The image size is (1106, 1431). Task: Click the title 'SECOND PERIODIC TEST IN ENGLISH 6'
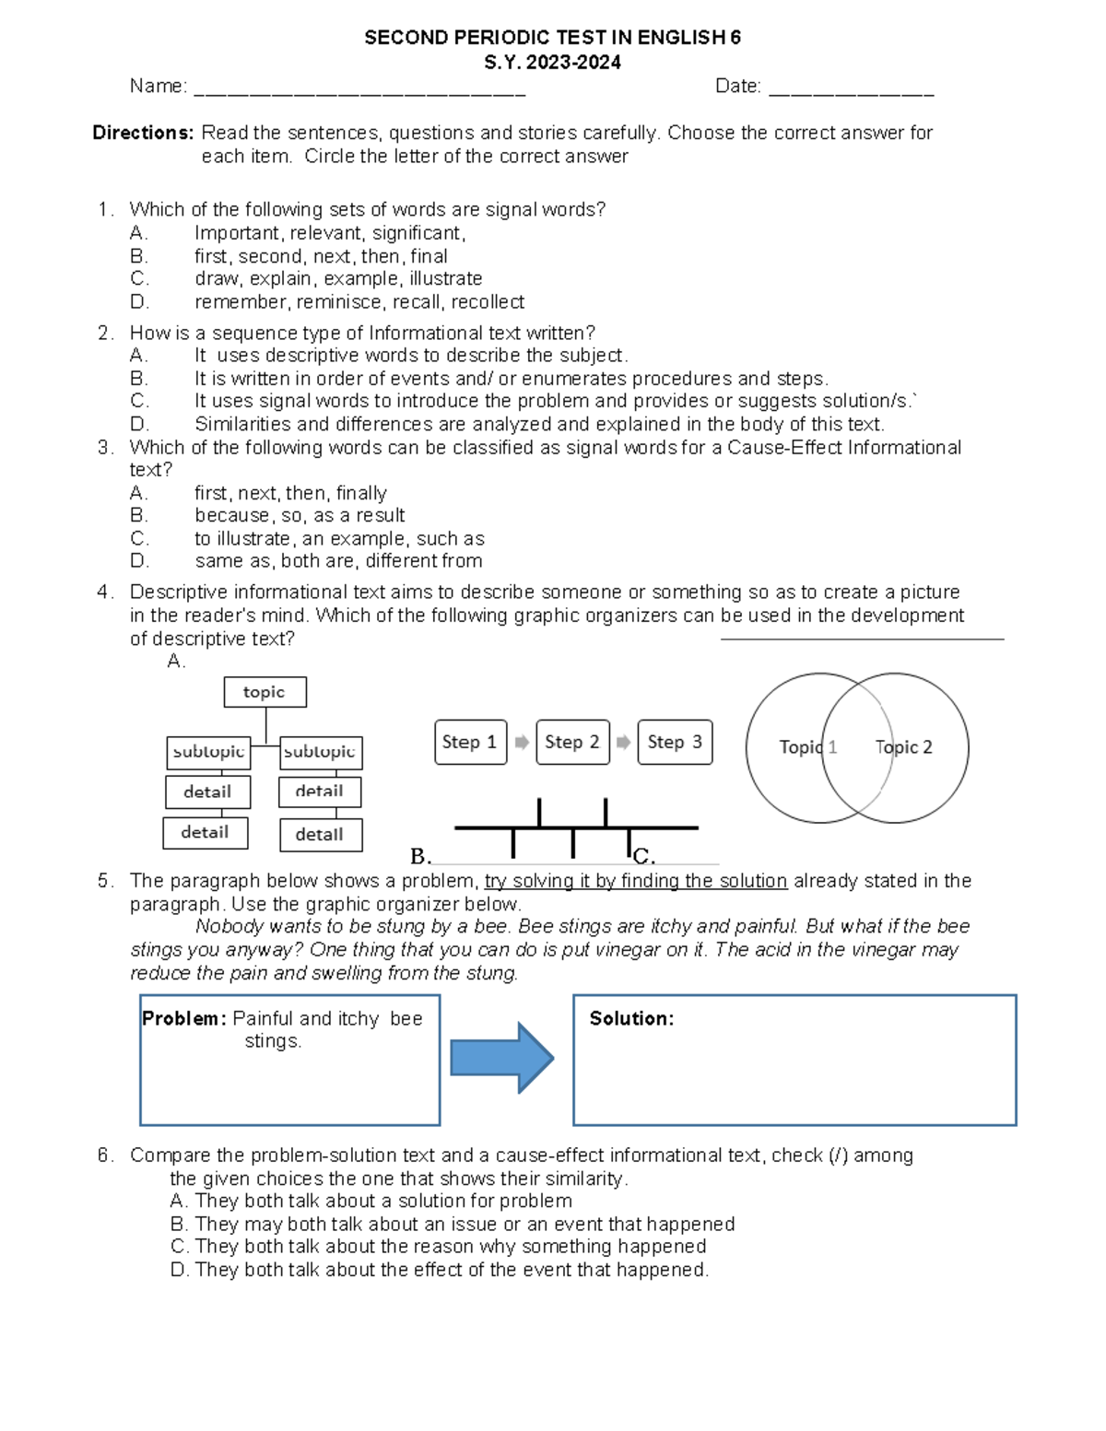[x=552, y=38]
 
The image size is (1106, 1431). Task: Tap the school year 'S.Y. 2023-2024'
[x=552, y=63]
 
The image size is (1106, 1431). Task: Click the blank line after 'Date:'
[x=851, y=90]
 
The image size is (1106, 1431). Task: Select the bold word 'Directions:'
[x=143, y=133]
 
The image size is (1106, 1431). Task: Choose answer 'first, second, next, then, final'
[x=321, y=256]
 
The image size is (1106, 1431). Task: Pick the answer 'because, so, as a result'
[x=300, y=515]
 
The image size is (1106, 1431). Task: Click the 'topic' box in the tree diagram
[x=265, y=692]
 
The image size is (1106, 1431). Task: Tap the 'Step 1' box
[x=470, y=743]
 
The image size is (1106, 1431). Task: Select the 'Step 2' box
[x=572, y=743]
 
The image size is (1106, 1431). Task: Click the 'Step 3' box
[x=675, y=743]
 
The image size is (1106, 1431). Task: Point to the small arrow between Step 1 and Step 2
[x=522, y=743]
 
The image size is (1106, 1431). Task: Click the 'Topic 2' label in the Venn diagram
[x=903, y=747]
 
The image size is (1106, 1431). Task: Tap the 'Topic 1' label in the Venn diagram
[x=807, y=747]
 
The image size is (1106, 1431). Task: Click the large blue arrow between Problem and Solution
[x=501, y=1058]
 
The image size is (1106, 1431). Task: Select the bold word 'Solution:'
[x=631, y=1018]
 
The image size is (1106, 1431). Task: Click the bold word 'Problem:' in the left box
[x=183, y=1018]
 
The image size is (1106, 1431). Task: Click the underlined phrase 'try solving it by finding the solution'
[x=636, y=881]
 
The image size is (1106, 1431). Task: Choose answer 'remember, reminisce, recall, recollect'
[x=359, y=302]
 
